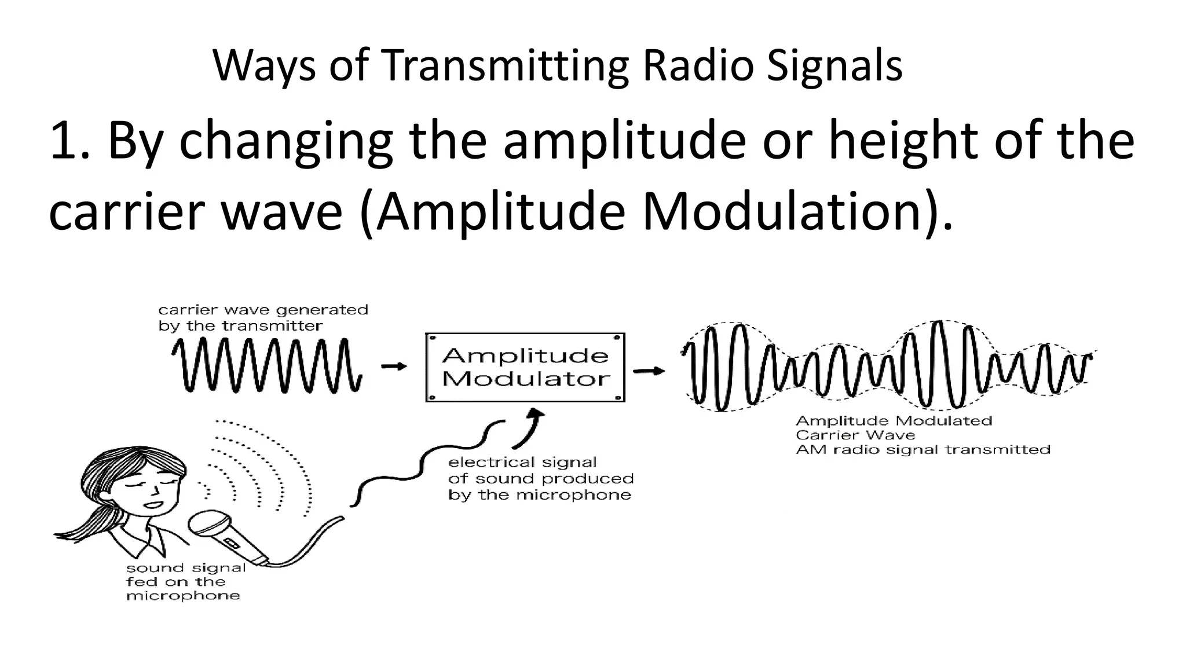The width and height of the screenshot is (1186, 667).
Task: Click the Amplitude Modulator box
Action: coord(525,367)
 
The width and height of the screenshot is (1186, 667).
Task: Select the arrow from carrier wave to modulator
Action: coord(394,366)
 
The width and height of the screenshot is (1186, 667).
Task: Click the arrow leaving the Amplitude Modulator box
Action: coord(649,371)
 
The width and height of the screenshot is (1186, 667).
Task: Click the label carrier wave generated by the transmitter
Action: coord(263,318)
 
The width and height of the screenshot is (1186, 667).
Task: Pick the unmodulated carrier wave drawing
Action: coord(266,366)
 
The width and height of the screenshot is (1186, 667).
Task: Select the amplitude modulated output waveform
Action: coord(886,366)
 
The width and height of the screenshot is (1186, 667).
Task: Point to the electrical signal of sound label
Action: coord(540,478)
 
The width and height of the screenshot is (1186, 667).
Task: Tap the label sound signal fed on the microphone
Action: coord(185,581)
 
